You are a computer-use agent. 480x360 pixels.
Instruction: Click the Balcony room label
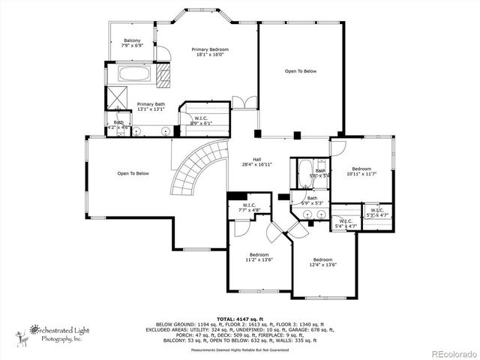[x=132, y=43]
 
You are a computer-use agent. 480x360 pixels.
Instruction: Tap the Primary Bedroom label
[x=209, y=52]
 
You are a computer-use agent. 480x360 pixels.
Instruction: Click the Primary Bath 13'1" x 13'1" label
[x=150, y=106]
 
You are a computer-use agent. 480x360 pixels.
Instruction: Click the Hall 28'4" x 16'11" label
[x=256, y=161]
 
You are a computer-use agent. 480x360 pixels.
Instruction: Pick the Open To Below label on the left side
[x=133, y=173]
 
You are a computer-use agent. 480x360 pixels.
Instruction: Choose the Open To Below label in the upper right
[x=300, y=71]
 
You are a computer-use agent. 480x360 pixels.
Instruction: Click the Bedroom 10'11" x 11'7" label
[x=361, y=171]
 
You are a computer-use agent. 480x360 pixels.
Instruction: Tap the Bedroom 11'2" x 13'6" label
[x=259, y=258]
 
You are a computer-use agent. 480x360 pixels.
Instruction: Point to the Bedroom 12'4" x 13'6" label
[x=322, y=262]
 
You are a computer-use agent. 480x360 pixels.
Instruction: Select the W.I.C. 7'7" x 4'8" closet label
[x=250, y=208]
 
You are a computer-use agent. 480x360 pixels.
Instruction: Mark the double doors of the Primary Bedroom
[x=239, y=102]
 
